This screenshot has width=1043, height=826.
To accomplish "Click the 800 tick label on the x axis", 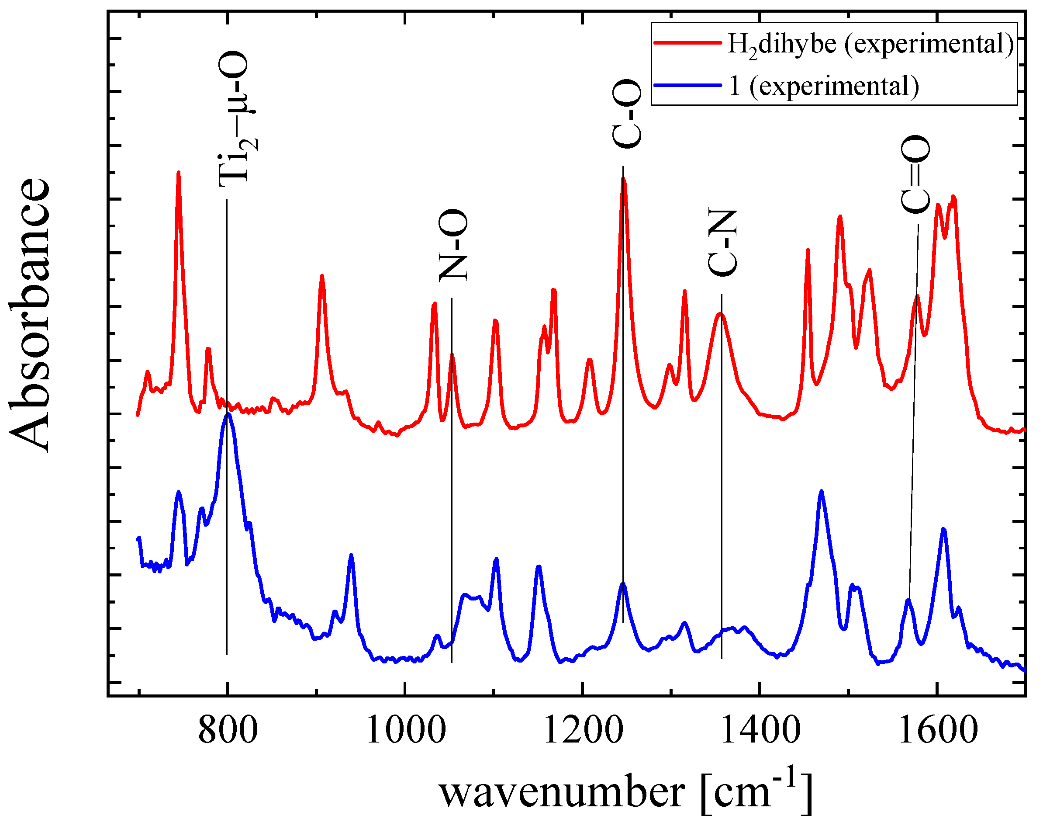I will tap(228, 731).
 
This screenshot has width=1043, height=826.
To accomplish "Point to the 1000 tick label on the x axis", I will tap(405, 731).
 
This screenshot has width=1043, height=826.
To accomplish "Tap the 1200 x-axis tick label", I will tap(583, 731).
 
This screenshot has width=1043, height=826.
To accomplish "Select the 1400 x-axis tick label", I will tap(760, 731).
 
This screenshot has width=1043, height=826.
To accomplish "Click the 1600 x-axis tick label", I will tap(938, 731).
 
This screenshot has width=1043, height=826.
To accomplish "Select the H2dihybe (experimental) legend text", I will tap(870, 45).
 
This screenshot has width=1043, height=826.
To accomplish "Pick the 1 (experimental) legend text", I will tap(824, 87).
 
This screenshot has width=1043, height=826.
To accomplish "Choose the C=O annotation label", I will tap(915, 174).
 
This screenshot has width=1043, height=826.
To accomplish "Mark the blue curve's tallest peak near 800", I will tap(228, 414).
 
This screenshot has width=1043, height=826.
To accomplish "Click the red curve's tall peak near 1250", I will tap(623, 179).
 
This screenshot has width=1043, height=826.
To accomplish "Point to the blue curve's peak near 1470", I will tap(821, 492).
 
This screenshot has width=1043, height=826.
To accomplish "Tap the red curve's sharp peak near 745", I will tap(178, 173).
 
